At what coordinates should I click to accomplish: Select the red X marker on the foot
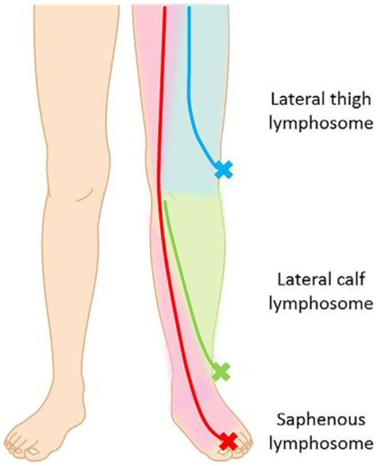228,442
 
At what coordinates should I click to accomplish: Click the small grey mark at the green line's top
172,195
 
